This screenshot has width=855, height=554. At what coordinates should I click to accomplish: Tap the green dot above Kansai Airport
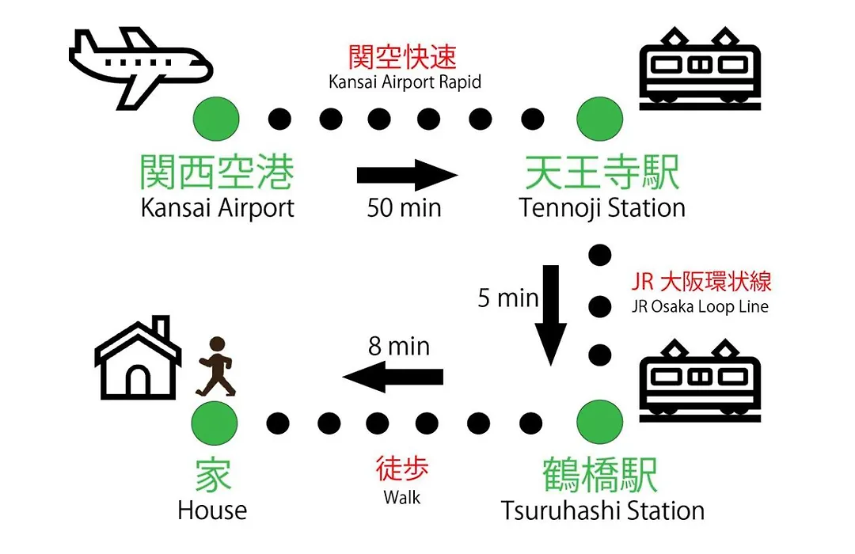tap(216, 119)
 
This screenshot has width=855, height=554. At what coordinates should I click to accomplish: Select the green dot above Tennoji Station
tap(599, 119)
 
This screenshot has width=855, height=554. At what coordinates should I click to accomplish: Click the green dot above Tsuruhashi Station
tap(599, 422)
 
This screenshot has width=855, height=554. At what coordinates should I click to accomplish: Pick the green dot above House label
tap(215, 423)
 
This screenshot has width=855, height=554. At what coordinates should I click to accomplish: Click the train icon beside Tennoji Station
tap(700, 68)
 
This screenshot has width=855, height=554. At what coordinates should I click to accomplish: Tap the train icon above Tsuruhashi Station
tap(700, 380)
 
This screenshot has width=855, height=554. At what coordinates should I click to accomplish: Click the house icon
tap(138, 358)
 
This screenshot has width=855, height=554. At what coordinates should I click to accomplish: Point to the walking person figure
tap(216, 366)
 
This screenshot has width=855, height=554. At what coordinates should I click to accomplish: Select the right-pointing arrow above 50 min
tap(407, 175)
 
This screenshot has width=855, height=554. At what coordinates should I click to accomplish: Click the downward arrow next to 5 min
tap(551, 315)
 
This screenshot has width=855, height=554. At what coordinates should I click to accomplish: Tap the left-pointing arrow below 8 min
tap(393, 376)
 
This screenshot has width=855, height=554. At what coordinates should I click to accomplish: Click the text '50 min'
tap(404, 207)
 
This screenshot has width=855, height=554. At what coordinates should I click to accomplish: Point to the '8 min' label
tap(398, 347)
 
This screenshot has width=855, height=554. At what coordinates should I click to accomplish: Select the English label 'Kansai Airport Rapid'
tap(405, 82)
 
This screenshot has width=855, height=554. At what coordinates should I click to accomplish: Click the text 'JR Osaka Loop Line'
tap(700, 306)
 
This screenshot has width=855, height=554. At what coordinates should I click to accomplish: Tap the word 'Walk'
tap(402, 497)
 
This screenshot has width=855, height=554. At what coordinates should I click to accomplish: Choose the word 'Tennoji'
tap(560, 209)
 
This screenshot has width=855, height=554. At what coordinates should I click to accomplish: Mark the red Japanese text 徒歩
tap(402, 469)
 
